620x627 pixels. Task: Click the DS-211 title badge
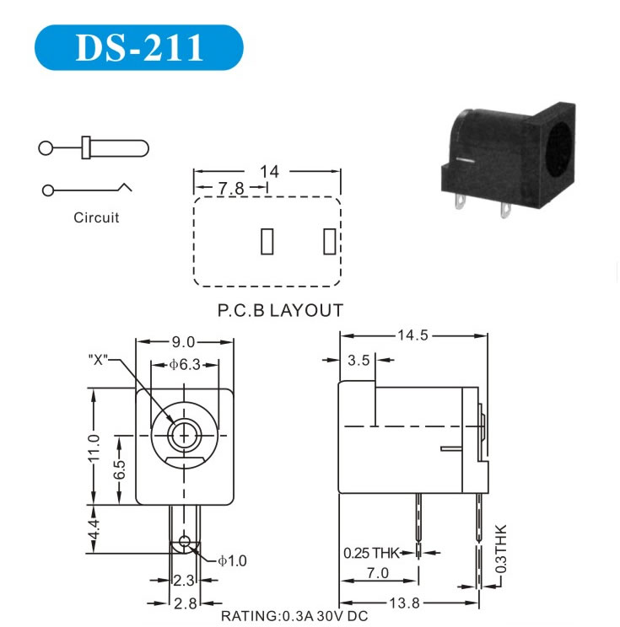[139, 47]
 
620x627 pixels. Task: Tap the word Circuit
[96, 217]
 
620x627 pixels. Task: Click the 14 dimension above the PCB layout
[269, 172]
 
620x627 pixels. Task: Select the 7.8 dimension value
[231, 188]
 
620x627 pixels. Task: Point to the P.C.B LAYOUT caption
[280, 310]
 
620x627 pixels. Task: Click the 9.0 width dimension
[183, 342]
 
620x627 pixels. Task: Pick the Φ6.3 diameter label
[185, 365]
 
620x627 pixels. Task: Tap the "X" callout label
[98, 360]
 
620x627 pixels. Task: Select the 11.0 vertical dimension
[94, 447]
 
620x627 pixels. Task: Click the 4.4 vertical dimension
[94, 529]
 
